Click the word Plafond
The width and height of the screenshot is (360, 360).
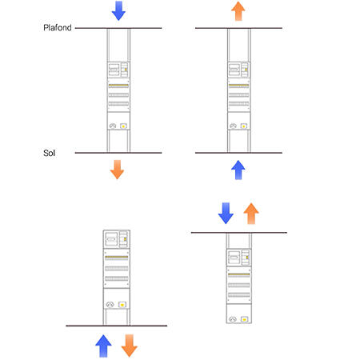coord(58,27)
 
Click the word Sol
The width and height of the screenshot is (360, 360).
coord(49,153)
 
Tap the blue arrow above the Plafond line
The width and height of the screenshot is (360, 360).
coord(118,10)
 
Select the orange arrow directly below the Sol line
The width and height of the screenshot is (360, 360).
coord(117,170)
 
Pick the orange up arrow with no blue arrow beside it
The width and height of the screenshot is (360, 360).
coord(238,11)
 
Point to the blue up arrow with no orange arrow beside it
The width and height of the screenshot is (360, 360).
coord(238,170)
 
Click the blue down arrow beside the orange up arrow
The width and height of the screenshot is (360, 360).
coord(226,213)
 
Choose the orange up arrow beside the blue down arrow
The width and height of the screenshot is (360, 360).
coord(251,214)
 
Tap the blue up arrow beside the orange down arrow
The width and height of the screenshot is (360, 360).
coord(103,346)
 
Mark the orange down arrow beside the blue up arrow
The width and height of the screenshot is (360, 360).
coord(130,346)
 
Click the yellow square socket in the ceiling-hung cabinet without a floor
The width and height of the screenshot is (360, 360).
coord(244,319)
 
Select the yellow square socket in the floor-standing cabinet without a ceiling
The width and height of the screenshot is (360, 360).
coord(122,304)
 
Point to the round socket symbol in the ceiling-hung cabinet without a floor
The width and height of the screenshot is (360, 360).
coord(233,319)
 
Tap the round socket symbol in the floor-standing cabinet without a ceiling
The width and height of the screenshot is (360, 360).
coord(110,304)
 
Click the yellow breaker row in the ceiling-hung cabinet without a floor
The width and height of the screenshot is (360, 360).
coord(239,274)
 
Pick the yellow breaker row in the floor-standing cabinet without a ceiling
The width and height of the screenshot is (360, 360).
coord(117,258)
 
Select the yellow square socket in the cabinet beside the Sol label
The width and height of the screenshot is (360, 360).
coord(123,126)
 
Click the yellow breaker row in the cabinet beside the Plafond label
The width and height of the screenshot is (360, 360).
coord(118,86)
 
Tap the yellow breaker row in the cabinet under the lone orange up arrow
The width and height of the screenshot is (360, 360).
coord(238,86)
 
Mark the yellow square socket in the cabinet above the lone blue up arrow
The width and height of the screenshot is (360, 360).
coord(243,126)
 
